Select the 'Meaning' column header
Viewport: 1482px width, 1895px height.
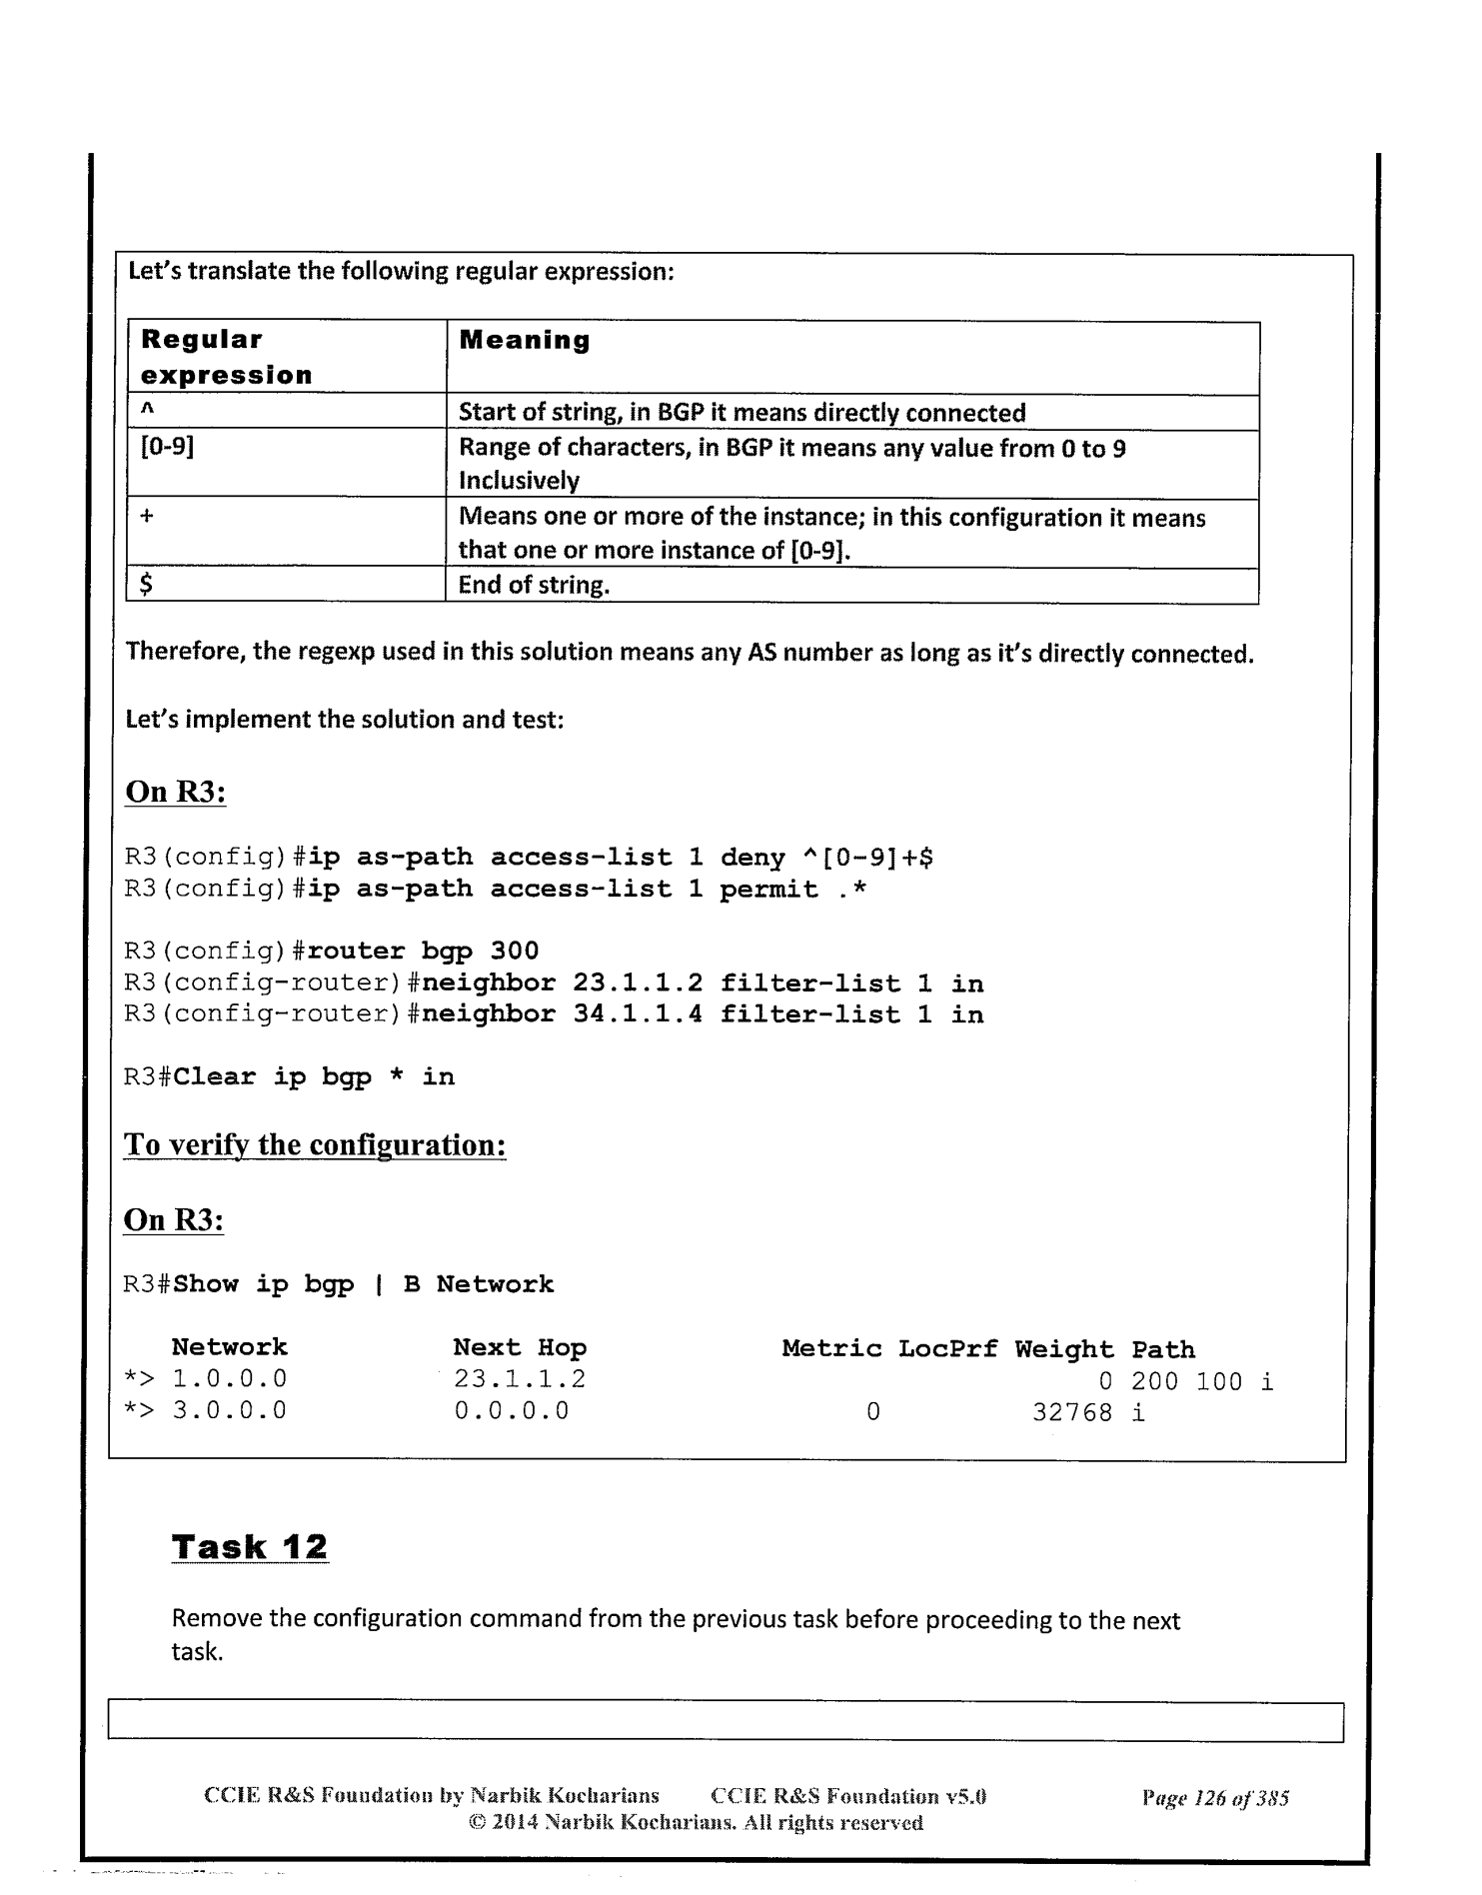(x=524, y=341)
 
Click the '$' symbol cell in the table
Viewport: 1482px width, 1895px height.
(x=146, y=585)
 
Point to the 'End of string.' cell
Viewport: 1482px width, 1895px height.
(x=534, y=585)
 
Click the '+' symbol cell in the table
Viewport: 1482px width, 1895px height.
(x=147, y=517)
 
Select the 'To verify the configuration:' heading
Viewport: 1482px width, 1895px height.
(x=314, y=1144)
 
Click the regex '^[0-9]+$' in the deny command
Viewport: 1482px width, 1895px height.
(x=867, y=858)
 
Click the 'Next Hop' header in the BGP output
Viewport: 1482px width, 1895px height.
(x=520, y=1347)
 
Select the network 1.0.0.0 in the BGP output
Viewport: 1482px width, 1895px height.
(x=229, y=1379)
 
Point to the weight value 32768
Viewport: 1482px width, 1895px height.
(x=1071, y=1411)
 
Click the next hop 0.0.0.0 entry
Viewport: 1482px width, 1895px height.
(x=511, y=1411)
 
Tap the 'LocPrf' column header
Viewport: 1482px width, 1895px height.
(x=947, y=1348)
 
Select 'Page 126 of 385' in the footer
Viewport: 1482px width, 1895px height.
(x=1214, y=1798)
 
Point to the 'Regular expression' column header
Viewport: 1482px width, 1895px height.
(x=226, y=357)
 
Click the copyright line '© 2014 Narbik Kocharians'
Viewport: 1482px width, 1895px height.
(x=695, y=1822)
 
